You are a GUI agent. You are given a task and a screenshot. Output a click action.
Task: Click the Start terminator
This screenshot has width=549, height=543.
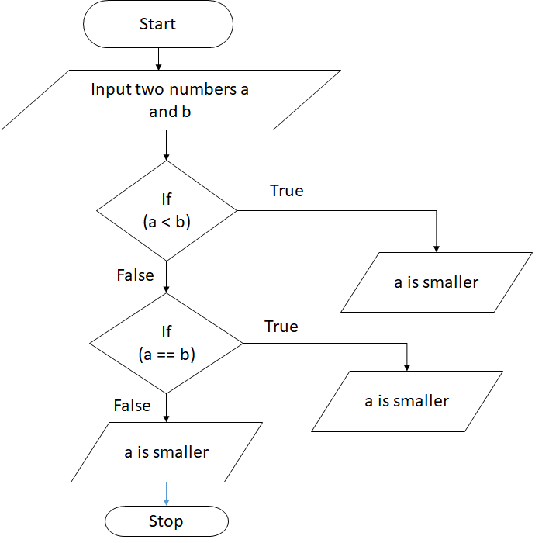(x=157, y=24)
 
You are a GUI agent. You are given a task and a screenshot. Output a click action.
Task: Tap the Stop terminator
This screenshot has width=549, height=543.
(x=166, y=521)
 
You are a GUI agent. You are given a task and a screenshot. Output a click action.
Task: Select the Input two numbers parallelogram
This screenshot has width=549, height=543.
(x=171, y=100)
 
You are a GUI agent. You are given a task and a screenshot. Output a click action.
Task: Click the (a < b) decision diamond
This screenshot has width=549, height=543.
(x=166, y=210)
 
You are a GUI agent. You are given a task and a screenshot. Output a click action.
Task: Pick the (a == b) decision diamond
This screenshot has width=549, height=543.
(x=166, y=343)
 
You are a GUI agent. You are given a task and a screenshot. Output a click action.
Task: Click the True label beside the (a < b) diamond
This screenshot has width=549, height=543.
(x=286, y=191)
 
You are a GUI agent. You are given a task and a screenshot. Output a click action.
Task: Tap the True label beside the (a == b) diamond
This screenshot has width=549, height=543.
(x=281, y=327)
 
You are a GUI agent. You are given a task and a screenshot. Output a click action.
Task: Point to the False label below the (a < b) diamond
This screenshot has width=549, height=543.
(x=135, y=275)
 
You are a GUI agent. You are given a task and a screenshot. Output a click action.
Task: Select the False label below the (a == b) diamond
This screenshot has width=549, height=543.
(x=132, y=406)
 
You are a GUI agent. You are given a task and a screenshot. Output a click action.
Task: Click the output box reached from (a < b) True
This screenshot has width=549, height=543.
(x=436, y=282)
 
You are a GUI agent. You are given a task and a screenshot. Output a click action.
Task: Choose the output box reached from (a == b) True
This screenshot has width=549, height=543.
(x=406, y=401)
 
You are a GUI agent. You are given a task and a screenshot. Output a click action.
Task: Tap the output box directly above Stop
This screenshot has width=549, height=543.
(x=166, y=451)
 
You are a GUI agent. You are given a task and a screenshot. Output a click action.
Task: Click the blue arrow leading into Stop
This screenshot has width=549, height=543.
(x=166, y=493)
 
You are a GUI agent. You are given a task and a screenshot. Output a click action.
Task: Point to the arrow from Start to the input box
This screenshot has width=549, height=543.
(x=157, y=58)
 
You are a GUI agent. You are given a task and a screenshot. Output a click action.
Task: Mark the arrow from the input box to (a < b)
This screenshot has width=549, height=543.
(x=166, y=145)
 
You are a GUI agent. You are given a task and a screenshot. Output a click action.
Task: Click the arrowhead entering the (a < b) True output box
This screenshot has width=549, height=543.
(x=437, y=247)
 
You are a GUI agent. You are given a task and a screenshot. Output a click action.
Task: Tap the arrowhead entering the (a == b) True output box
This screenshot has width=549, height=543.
(x=407, y=366)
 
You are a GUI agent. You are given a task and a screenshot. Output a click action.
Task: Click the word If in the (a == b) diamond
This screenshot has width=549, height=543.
(x=166, y=332)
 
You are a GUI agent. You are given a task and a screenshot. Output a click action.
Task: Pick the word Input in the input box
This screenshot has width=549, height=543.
(x=111, y=89)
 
